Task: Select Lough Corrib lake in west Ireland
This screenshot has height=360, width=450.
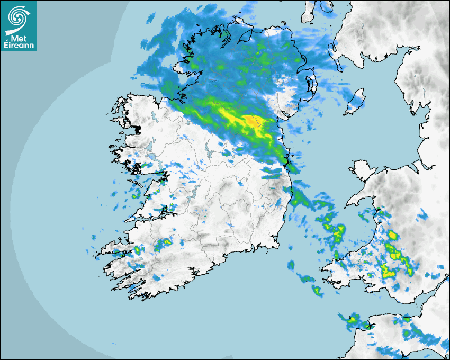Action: (x=152, y=158)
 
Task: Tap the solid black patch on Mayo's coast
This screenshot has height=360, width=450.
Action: (x=138, y=129)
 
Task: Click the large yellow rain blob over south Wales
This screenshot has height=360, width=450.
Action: (x=390, y=271)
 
